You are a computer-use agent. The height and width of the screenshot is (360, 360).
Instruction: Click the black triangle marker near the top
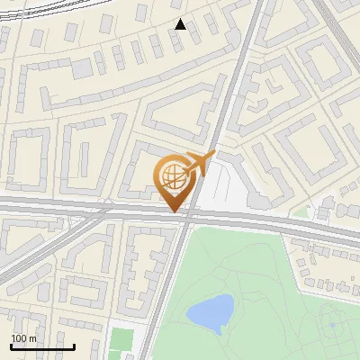click(181, 24)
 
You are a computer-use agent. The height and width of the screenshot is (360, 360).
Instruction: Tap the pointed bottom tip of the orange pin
click(175, 212)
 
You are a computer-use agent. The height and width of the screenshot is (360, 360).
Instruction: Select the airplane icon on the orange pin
click(199, 163)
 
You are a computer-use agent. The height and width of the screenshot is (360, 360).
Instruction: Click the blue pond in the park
click(210, 313)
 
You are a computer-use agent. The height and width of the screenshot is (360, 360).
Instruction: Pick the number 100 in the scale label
click(19, 338)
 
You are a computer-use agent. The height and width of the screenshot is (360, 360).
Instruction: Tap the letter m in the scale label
click(32, 338)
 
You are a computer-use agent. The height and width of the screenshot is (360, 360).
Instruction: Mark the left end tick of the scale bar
click(11, 346)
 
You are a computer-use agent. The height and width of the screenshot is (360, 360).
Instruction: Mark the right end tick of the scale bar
click(74, 346)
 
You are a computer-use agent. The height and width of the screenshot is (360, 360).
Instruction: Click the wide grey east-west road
click(90, 209)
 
